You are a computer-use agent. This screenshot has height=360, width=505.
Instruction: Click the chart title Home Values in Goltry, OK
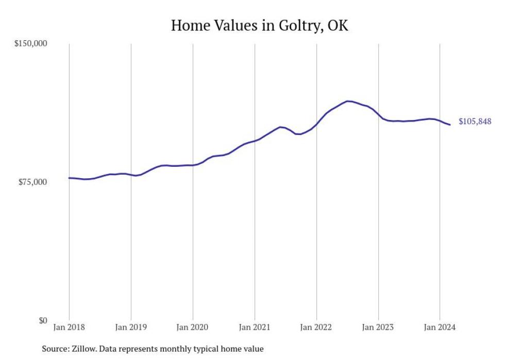pos(259,25)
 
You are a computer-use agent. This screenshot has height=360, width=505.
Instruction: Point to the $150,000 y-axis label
pos(30,43)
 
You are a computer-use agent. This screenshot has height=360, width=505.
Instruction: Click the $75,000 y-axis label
pos(32,182)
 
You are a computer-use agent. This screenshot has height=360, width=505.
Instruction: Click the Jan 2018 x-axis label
pos(69,327)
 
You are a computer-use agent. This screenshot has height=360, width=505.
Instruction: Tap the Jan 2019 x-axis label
pos(131,327)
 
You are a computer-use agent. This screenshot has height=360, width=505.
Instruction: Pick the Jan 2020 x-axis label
pos(193,327)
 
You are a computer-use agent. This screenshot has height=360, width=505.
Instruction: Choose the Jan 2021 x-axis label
pos(255,327)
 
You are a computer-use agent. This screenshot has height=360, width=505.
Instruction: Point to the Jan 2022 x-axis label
pos(316,327)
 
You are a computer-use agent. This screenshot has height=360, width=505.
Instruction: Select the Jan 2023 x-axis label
pos(378,327)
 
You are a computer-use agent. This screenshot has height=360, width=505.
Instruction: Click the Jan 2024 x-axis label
pos(440,327)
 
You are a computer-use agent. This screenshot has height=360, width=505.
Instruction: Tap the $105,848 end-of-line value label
pos(475,122)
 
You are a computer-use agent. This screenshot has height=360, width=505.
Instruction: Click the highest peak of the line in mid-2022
pos(348,101)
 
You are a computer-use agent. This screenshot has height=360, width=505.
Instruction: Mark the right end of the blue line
pos(450,125)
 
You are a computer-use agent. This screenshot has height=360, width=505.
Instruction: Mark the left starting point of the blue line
pos(69,178)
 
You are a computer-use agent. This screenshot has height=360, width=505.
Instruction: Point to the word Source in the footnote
pos(54,349)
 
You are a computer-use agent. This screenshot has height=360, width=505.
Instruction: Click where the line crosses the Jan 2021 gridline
pos(255,140)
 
